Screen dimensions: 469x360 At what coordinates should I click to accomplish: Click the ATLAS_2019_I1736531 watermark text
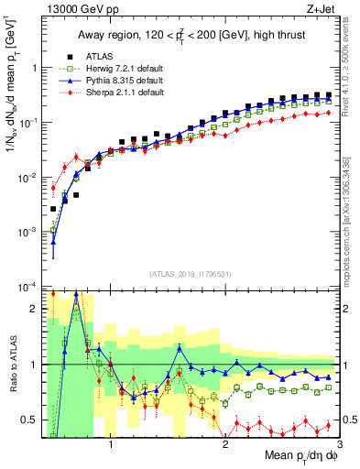click(190, 274)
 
